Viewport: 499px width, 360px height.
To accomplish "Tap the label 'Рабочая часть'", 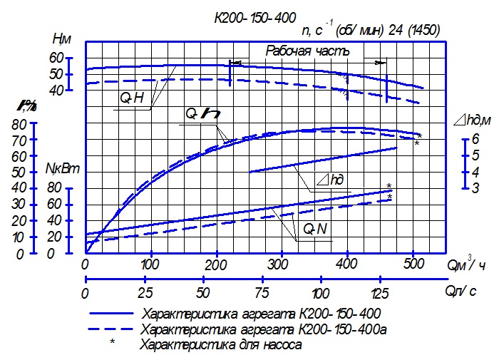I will [x=308, y=51].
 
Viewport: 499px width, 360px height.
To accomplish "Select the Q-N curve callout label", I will [x=314, y=230].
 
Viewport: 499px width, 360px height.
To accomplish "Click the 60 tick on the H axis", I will [x=56, y=57].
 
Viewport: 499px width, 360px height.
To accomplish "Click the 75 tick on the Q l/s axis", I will [x=261, y=294].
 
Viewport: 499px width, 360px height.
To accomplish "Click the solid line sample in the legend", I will [x=111, y=314].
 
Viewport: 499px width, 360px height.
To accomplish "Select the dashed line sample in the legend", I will [x=111, y=329].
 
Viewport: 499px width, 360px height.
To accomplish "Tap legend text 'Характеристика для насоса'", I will [x=222, y=345].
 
